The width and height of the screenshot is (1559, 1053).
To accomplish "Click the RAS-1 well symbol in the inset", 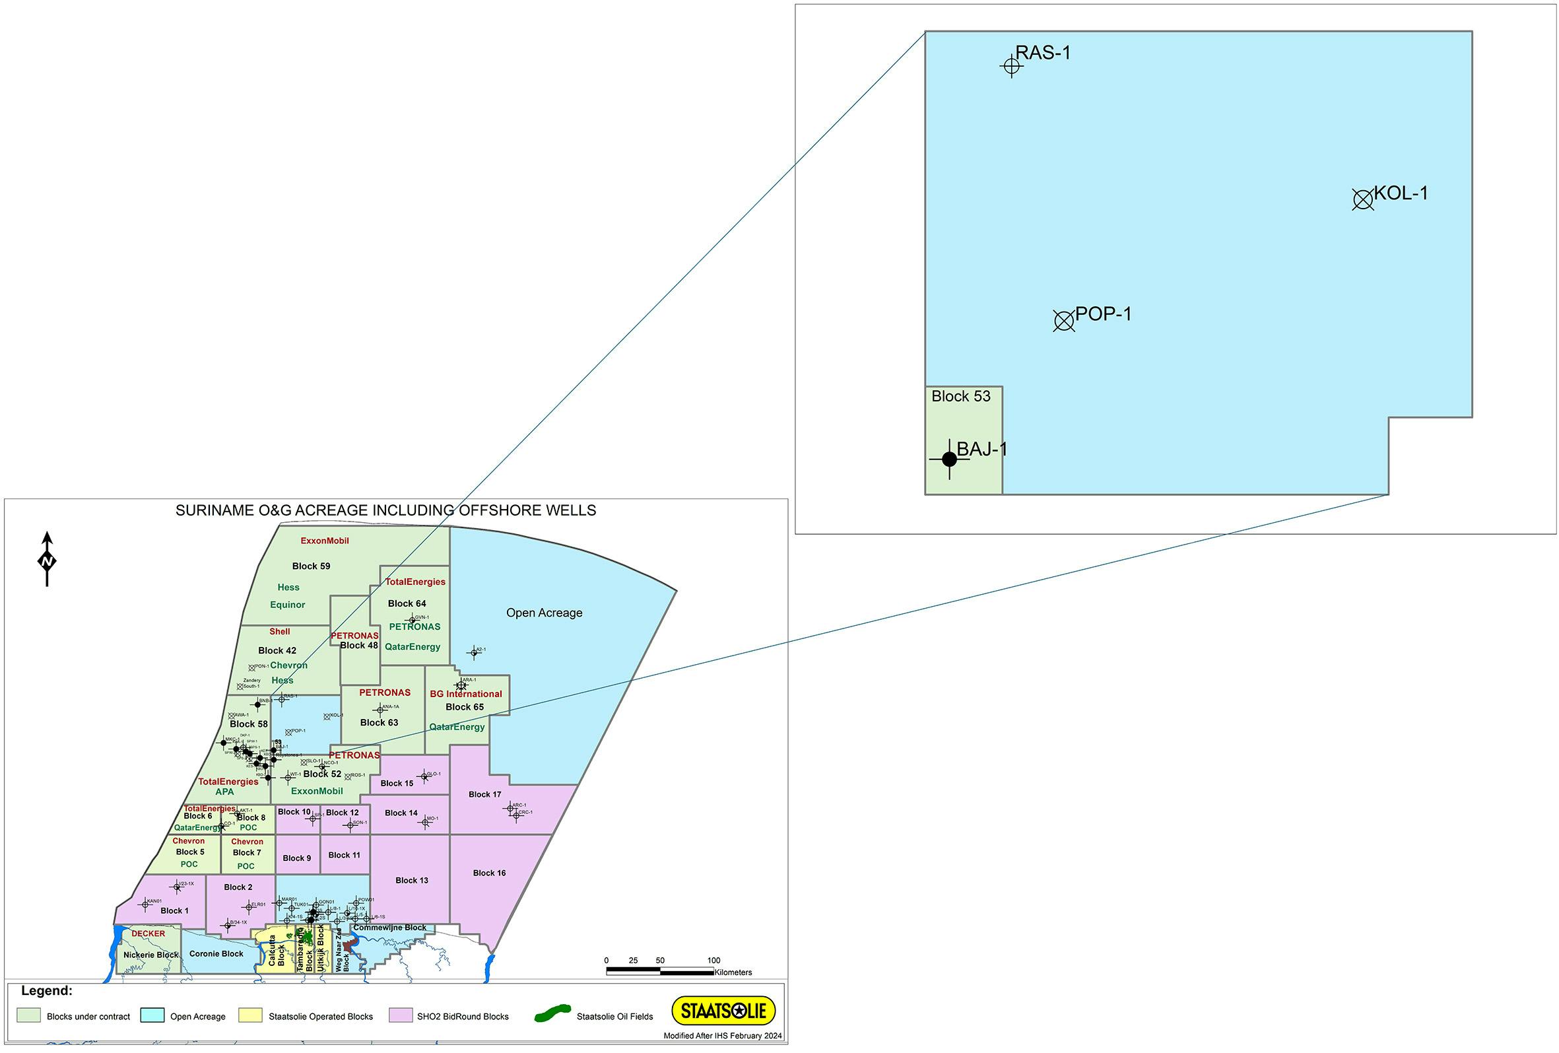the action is pos(1012,67).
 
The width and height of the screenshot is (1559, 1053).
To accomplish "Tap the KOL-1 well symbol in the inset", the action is pos(1362,199).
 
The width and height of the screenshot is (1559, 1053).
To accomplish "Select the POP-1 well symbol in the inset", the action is pos(1064,321).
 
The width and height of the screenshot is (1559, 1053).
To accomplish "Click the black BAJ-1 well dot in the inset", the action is pos(949,459).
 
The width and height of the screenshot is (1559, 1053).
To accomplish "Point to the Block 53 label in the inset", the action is pos(960,397).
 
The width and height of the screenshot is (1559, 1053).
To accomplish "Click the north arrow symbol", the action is pos(47,560).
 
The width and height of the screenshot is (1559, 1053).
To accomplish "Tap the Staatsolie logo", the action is pos(723,1011).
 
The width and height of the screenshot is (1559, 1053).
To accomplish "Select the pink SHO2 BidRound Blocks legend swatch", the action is pos(401,1015).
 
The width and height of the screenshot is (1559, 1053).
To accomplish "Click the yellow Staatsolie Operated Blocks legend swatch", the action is pos(251,1015).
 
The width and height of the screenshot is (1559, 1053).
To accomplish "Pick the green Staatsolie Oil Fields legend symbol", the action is pos(552,1013).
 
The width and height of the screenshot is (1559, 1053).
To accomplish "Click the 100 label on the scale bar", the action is pos(713,961).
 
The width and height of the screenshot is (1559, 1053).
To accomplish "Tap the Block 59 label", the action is pos(312,566).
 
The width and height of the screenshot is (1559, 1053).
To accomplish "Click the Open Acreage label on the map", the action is pos(544,613).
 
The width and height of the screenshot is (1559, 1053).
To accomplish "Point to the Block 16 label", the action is pos(489,873).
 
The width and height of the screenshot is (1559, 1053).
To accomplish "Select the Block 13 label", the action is pos(412,881).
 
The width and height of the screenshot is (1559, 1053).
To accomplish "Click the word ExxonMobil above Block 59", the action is pos(325,541).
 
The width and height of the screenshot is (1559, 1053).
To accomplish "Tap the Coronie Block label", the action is pos(216,954).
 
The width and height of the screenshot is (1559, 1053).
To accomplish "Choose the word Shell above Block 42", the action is pos(280,632).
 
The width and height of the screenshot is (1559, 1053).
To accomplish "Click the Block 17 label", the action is pos(485,795).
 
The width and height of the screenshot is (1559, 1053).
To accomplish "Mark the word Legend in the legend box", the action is pos(46,990).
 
